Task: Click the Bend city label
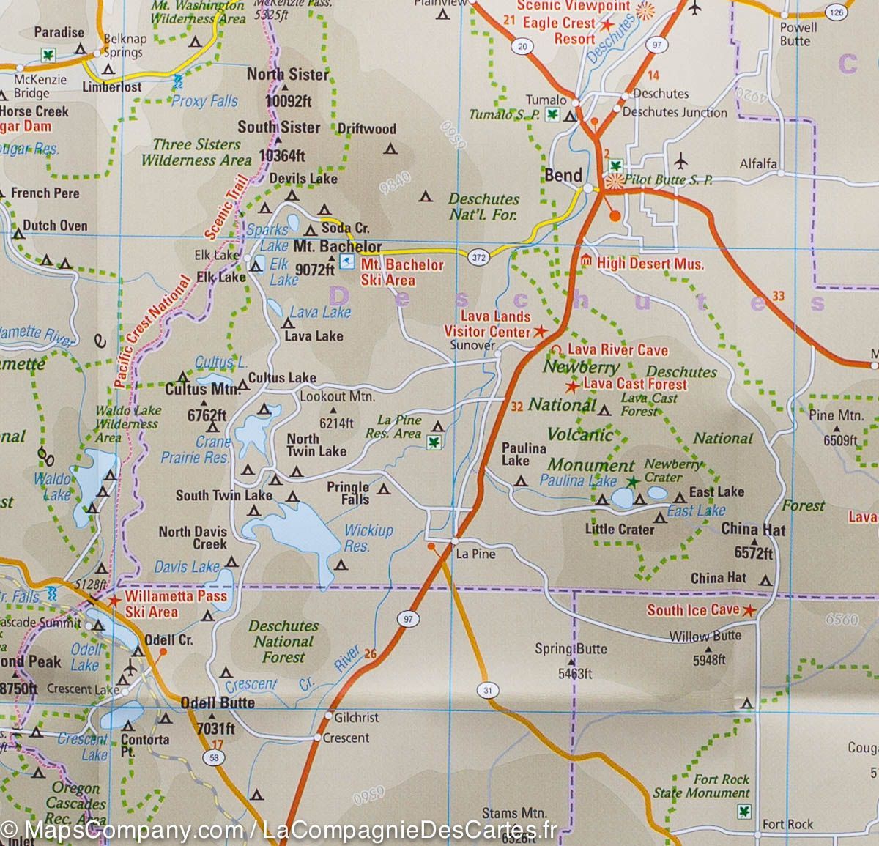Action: pos(563,175)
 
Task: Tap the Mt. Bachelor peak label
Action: pos(338,246)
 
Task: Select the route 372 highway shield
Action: pos(478,257)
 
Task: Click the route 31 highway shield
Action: pos(488,689)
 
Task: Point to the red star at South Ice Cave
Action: pos(749,610)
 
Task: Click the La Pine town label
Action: pos(476,554)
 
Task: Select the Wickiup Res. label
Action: pos(368,538)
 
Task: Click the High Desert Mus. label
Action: pos(650,264)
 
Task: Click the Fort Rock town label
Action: pos(787,824)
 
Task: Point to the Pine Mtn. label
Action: pos(837,415)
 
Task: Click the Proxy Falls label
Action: pos(204,101)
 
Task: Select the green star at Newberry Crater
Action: pos(632,481)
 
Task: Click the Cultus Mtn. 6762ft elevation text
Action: pos(207,415)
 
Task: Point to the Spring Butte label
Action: pos(571,648)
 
